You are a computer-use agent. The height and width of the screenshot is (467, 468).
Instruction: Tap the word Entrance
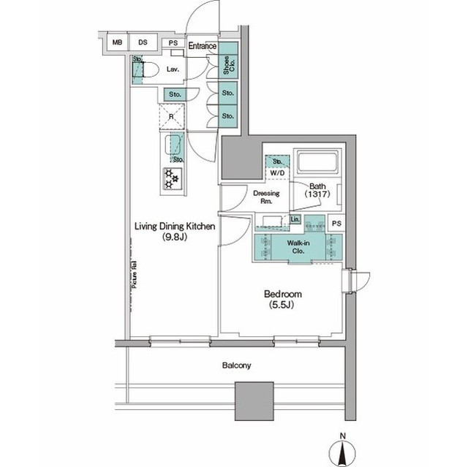click(x=202, y=46)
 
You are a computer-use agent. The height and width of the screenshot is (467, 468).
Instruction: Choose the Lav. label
click(x=173, y=70)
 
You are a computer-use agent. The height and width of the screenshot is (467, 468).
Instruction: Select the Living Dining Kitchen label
click(x=173, y=232)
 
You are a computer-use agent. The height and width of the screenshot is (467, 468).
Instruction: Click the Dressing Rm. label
click(x=263, y=197)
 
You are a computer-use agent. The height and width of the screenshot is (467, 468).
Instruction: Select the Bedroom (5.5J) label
click(x=279, y=300)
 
